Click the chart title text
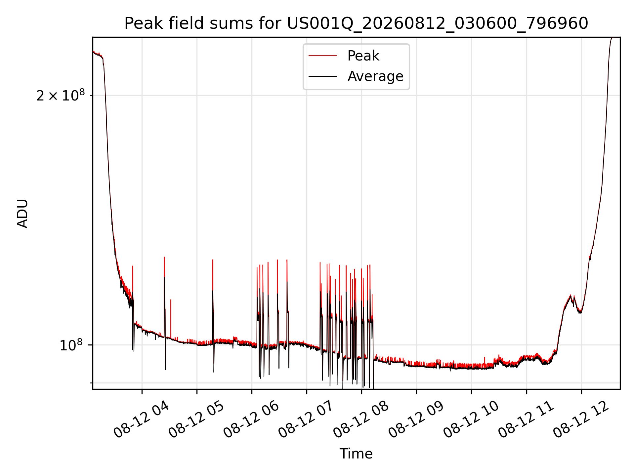tap(356, 23)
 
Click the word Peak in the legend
tap(363, 56)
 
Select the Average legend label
tap(375, 76)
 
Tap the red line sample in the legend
tap(322, 56)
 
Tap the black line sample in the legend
tap(322, 76)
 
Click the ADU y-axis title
tap(22, 214)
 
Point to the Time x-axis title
tap(356, 454)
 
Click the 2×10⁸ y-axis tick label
tap(60, 95)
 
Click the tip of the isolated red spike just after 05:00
tap(213, 260)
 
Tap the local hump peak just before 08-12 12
tap(571, 295)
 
